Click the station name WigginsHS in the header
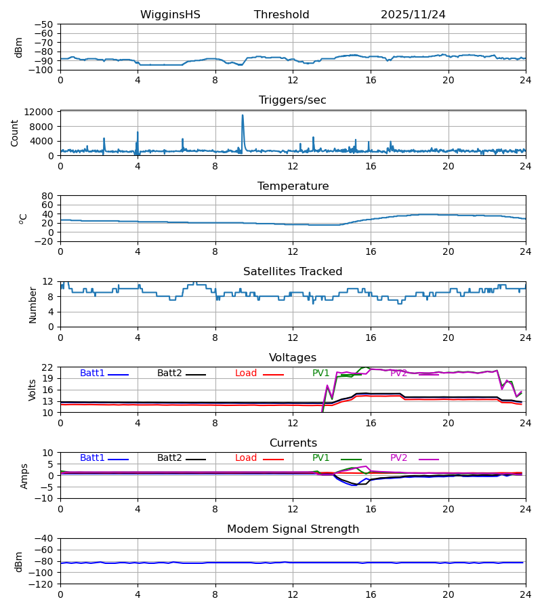tap(170, 15)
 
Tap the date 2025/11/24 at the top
tap(413, 15)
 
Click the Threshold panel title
tap(281, 15)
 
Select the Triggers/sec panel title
tap(292, 100)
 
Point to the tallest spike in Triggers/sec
tap(243, 116)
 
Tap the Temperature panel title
tap(293, 186)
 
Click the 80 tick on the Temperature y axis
tap(48, 196)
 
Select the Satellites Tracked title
tap(293, 272)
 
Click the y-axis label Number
tap(33, 304)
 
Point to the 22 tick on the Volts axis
tap(48, 367)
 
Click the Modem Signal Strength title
tap(293, 529)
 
